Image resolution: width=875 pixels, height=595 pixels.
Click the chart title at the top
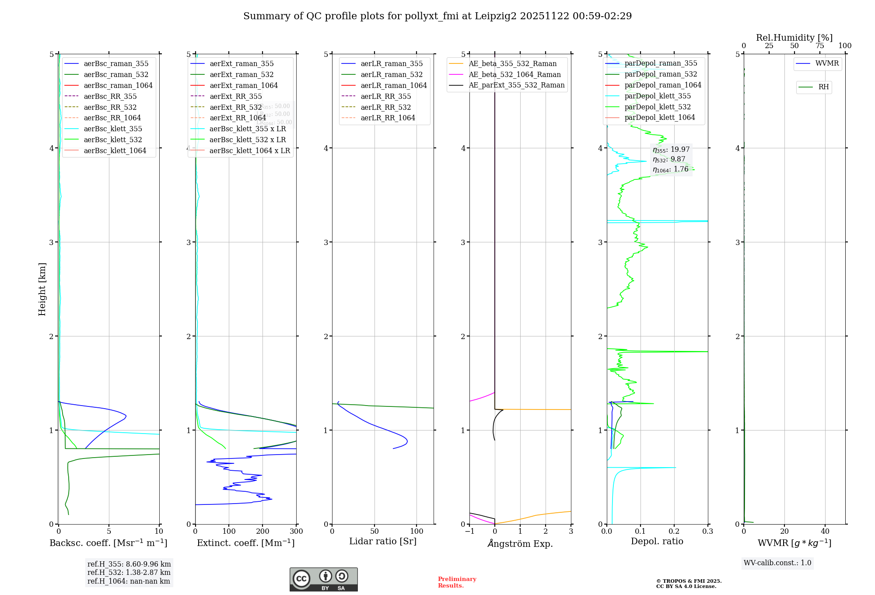[437, 16]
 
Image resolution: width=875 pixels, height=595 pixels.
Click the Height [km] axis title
[42, 289]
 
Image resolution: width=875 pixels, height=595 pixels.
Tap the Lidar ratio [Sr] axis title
[383, 541]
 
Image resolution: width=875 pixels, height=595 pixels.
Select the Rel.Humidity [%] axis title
[794, 38]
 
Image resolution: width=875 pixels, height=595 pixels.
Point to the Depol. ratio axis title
[657, 541]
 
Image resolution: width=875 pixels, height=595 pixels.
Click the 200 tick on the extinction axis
[262, 531]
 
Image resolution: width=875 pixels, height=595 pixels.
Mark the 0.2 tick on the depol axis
[674, 531]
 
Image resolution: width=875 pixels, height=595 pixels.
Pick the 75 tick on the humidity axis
[820, 46]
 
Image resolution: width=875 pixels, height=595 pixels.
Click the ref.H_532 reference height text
[129, 572]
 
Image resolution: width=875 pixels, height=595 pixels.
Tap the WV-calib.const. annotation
[777, 563]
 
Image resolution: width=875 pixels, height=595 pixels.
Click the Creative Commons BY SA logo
[323, 580]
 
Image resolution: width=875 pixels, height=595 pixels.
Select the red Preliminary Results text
[457, 582]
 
